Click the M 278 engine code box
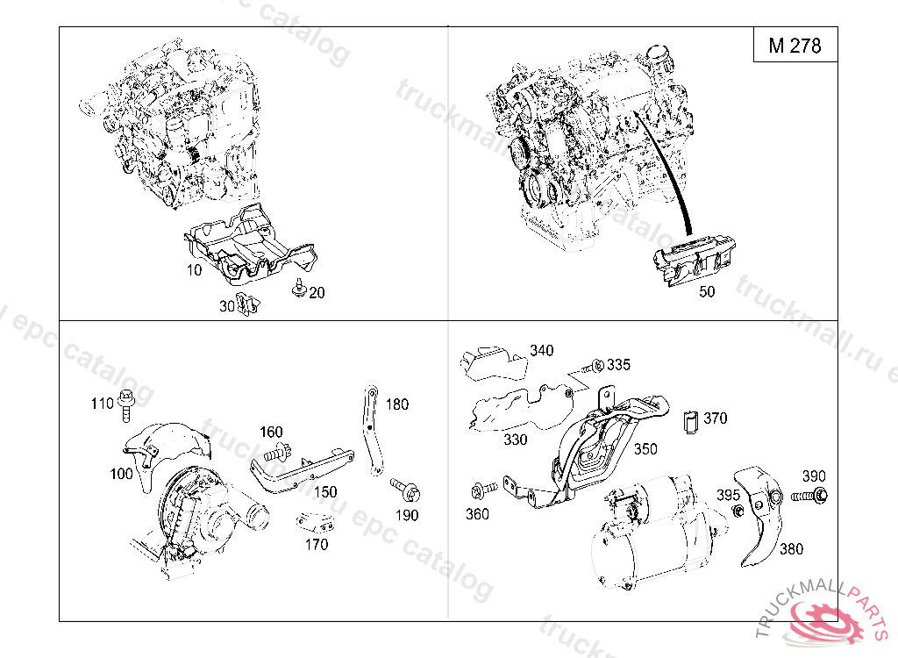click(x=795, y=46)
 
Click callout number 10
click(x=194, y=270)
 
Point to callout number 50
click(x=707, y=293)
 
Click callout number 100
click(x=121, y=474)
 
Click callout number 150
click(x=325, y=491)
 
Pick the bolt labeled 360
click(x=481, y=488)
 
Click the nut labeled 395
click(x=738, y=511)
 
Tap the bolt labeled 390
click(x=812, y=497)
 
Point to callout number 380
click(x=791, y=549)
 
